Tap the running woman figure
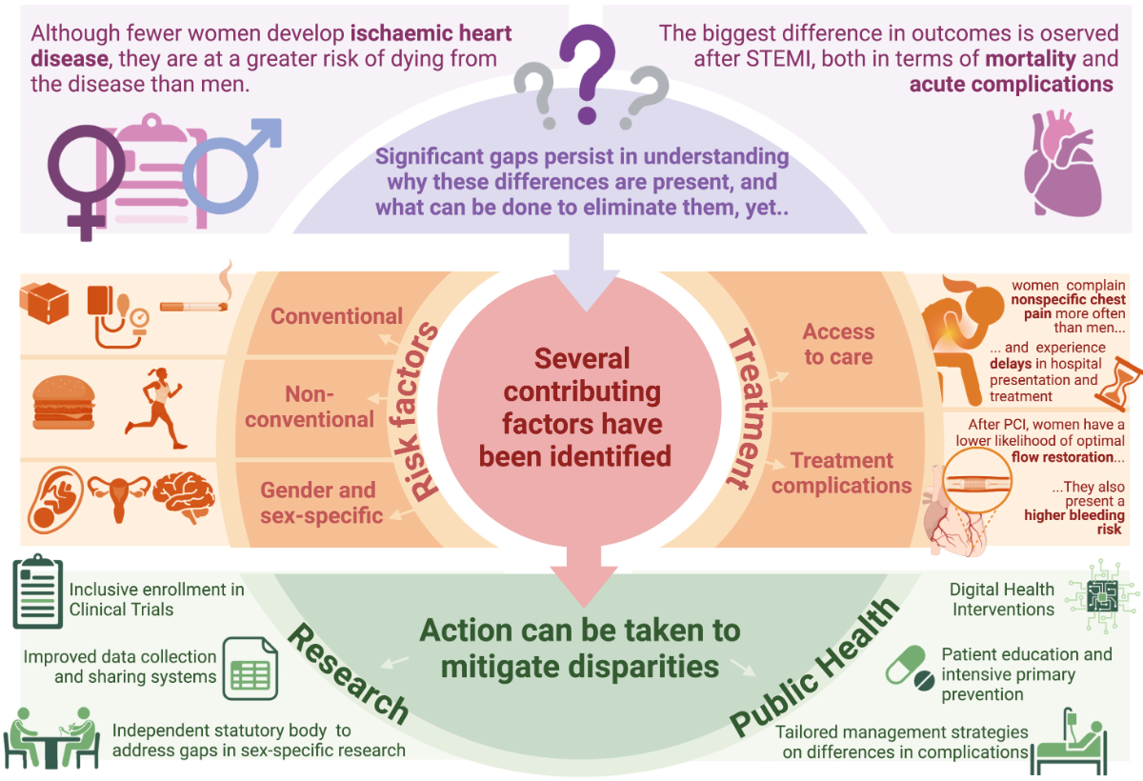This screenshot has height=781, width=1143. pyautogui.click(x=156, y=406)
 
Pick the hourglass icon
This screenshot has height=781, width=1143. pyautogui.click(x=1112, y=383)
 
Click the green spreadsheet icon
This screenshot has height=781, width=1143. pyautogui.click(x=249, y=668)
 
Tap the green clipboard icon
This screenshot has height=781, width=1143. pyautogui.click(x=37, y=591)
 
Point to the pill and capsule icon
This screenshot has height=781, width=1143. pyautogui.click(x=910, y=668)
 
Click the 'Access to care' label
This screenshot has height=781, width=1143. pyautogui.click(x=838, y=344)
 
